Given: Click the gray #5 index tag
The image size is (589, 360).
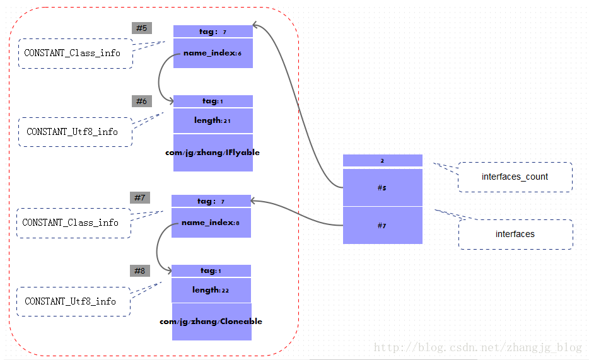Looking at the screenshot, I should pyautogui.click(x=141, y=28).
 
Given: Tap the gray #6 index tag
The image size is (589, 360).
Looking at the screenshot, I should pyautogui.click(x=141, y=102).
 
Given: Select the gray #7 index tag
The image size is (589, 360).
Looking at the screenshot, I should pyautogui.click(x=140, y=198).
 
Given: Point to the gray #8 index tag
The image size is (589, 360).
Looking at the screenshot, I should pyautogui.click(x=139, y=271).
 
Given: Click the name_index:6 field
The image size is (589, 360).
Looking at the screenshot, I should pyautogui.click(x=213, y=53).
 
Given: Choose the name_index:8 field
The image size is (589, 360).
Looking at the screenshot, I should pyautogui.click(x=211, y=223).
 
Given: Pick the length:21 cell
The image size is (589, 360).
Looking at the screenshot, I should pyautogui.click(x=213, y=120).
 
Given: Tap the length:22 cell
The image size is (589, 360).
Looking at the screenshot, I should pyautogui.click(x=211, y=290).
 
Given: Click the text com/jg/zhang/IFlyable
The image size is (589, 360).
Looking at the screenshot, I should pyautogui.click(x=213, y=153).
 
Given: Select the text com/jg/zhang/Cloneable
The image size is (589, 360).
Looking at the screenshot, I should pyautogui.click(x=211, y=322).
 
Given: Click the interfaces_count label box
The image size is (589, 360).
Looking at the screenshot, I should pyautogui.click(x=515, y=177).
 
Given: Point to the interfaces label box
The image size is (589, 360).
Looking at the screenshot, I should pyautogui.click(x=515, y=234).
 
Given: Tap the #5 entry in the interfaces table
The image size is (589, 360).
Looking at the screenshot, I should pyautogui.click(x=382, y=188).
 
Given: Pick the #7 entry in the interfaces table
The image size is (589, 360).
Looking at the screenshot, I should pyautogui.click(x=382, y=225).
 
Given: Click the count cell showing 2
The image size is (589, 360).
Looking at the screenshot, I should pyautogui.click(x=382, y=161).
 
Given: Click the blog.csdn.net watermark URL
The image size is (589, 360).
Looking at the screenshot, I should pyautogui.click(x=477, y=347).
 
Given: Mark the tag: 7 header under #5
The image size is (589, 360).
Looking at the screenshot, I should pyautogui.click(x=213, y=32).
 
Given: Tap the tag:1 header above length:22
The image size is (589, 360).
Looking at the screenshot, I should pyautogui.click(x=211, y=270).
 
